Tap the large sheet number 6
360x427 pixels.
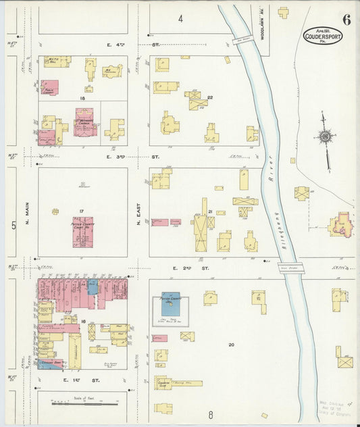coord(346,19)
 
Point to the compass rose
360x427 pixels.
coord(325,138)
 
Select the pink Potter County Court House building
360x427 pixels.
coord(83,232)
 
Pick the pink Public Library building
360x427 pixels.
coord(49,88)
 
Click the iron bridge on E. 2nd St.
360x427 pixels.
coord(290,268)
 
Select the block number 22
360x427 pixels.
coord(210,98)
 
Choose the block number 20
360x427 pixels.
coord(230,345)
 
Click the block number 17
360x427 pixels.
coord(81,212)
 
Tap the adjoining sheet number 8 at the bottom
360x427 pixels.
coord(210,413)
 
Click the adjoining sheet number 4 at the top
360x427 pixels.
coord(180,18)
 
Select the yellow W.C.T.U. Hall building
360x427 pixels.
coord(59,62)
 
